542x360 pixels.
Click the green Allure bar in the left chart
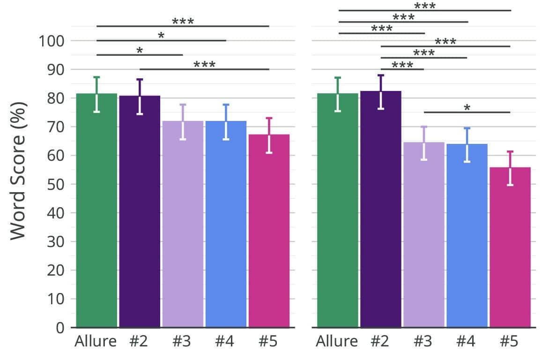click(97, 211)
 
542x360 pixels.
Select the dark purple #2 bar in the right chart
click(381, 211)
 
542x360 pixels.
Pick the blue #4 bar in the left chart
click(226, 225)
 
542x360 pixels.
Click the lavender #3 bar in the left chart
click(183, 225)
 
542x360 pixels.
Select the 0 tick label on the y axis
click(59, 328)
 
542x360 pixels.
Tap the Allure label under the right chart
click(337, 342)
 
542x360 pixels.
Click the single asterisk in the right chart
click(467, 108)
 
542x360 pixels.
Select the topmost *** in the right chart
click(425, 6)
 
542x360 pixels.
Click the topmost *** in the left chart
click(183, 22)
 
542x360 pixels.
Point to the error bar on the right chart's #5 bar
click(510, 168)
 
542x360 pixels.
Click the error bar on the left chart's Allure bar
click(97, 94)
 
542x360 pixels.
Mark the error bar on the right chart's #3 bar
click(424, 143)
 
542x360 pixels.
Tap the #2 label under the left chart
click(138, 342)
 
